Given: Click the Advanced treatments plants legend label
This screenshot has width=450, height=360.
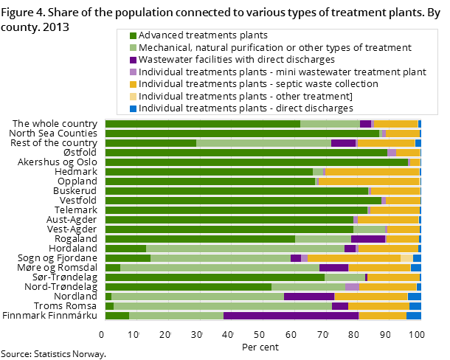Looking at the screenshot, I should click(203, 35).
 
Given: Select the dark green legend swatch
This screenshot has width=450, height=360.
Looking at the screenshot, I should click(134, 35).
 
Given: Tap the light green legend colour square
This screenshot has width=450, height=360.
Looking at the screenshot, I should click(134, 48).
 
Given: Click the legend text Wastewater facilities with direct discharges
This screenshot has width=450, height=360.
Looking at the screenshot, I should click(237, 60).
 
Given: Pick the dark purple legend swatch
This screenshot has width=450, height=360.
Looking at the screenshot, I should click(134, 60).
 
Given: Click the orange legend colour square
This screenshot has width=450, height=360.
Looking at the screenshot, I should click(134, 84).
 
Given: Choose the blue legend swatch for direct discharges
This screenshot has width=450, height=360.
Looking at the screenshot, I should click(134, 108).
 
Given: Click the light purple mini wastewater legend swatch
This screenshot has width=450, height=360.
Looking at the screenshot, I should click(134, 72).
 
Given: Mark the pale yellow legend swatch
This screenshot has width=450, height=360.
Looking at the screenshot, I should click(134, 97).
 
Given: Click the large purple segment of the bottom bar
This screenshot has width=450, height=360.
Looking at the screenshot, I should click(291, 316).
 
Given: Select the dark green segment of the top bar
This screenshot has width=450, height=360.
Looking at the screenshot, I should click(202, 124).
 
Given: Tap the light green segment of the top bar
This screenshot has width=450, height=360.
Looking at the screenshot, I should click(330, 124).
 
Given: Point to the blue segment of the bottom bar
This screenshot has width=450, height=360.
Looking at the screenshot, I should click(413, 316).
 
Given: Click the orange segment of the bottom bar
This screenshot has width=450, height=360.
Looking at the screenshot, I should click(382, 316).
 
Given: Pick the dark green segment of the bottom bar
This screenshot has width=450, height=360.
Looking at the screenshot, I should click(117, 316).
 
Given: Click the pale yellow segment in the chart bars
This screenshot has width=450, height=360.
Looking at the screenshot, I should click(406, 258).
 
